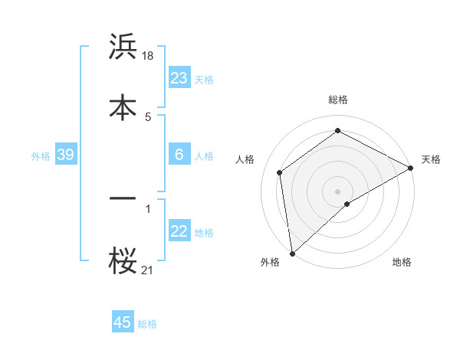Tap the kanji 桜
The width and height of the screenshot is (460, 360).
[x=123, y=261]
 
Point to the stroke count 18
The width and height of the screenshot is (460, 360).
[x=149, y=56]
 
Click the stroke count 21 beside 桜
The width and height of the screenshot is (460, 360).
[x=148, y=270]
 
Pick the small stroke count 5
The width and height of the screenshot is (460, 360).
[x=148, y=116]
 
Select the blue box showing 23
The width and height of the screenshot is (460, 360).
[x=179, y=78]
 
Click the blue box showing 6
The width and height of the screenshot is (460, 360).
[x=179, y=155]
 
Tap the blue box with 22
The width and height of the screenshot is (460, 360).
[x=179, y=231]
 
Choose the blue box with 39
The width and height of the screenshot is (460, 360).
[x=65, y=155]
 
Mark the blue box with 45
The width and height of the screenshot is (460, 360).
[x=123, y=322]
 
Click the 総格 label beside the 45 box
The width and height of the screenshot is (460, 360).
[x=148, y=324]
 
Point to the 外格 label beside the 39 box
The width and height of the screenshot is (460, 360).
[x=41, y=155]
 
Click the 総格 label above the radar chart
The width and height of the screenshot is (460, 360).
[x=338, y=100]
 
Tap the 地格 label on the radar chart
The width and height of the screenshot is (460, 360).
[x=402, y=262]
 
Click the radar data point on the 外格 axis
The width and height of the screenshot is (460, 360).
[x=292, y=254]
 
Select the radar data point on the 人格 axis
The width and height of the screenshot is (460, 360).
[x=280, y=172]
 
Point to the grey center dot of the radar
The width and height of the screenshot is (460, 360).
[x=338, y=191]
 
